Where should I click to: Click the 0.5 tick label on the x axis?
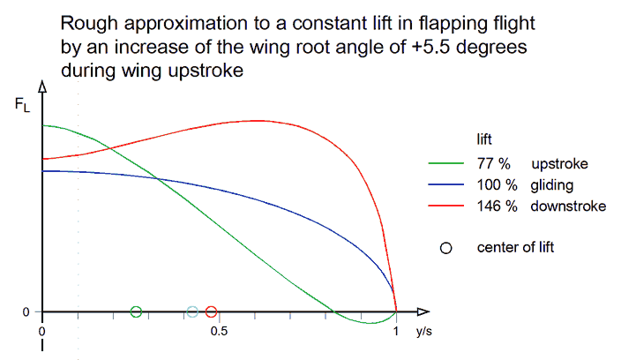(219, 331)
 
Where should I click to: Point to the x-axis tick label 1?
(396, 331)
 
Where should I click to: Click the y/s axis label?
(423, 331)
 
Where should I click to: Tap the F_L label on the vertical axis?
(22, 105)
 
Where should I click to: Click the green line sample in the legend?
(446, 163)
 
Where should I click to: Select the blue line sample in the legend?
(446, 184)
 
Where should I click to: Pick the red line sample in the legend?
(446, 206)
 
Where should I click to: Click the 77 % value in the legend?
(493, 163)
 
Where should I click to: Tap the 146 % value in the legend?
(497, 206)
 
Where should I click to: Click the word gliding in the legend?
(551, 185)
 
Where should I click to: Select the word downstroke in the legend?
(568, 206)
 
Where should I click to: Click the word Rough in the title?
(89, 24)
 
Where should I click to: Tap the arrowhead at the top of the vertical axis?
(42, 86)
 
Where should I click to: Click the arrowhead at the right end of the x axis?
(423, 311)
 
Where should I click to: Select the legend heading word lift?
(484, 139)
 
